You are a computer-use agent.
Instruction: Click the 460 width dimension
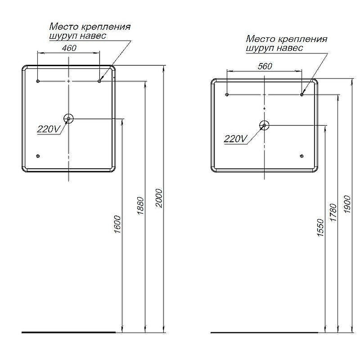point(69,48)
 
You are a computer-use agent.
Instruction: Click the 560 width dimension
point(265,66)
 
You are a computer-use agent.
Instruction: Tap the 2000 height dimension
point(159,198)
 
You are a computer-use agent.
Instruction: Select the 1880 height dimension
point(140,206)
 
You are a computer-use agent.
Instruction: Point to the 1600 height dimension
point(117,224)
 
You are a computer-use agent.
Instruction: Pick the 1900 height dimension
point(347,204)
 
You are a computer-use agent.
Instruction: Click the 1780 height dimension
point(333,212)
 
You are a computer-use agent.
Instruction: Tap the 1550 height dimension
point(320,228)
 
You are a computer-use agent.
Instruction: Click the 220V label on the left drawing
point(49,129)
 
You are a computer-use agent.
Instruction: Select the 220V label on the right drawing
point(235,139)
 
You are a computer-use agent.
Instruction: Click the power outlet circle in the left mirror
point(68,119)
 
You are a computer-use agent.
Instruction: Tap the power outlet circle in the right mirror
point(264,126)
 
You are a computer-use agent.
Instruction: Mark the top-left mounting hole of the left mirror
point(38,81)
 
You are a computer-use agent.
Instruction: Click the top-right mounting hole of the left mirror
point(99,81)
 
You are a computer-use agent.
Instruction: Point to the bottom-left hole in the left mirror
point(38,156)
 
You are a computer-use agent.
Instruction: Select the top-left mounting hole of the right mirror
point(227,94)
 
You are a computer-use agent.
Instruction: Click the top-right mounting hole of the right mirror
point(301,94)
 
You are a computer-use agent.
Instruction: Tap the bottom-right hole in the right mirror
point(301,156)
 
